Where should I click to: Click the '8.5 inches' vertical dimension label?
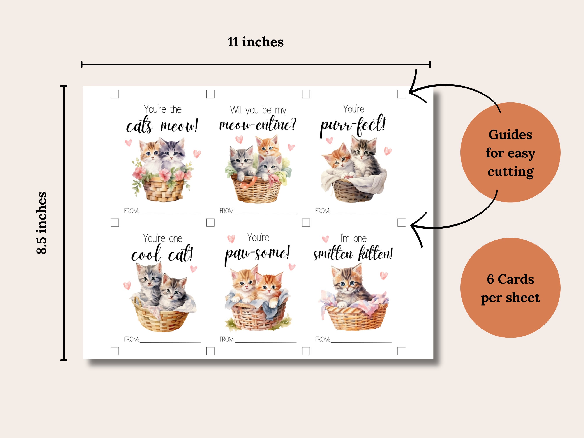click(42, 223)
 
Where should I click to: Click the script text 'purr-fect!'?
click(353, 125)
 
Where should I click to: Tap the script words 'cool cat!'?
click(162, 254)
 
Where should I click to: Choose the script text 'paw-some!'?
click(257, 253)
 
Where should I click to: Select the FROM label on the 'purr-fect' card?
click(322, 211)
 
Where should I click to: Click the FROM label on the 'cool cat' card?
click(131, 339)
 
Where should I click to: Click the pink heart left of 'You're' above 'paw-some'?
click(231, 239)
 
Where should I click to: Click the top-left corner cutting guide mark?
click(116, 95)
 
